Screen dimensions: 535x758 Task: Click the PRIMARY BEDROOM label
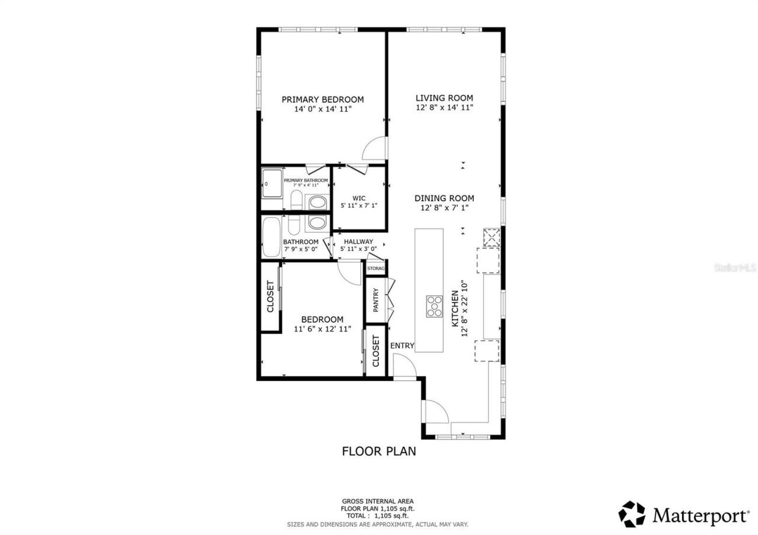click(x=322, y=99)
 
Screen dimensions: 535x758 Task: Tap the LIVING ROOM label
click(x=444, y=98)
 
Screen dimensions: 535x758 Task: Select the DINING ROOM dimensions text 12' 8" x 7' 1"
click(x=444, y=208)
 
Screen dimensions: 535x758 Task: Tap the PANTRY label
click(x=375, y=300)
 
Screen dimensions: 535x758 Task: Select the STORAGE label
click(x=376, y=269)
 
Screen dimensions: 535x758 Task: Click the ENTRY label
click(x=402, y=346)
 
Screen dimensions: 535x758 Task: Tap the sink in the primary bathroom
click(x=317, y=202)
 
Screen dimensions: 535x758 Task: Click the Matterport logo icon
click(x=632, y=514)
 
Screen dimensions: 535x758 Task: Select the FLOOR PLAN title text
click(x=379, y=452)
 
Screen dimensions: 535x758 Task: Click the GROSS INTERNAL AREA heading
click(x=377, y=501)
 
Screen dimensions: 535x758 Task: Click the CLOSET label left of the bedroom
click(x=270, y=296)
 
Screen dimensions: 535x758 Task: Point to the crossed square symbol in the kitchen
click(x=491, y=237)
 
